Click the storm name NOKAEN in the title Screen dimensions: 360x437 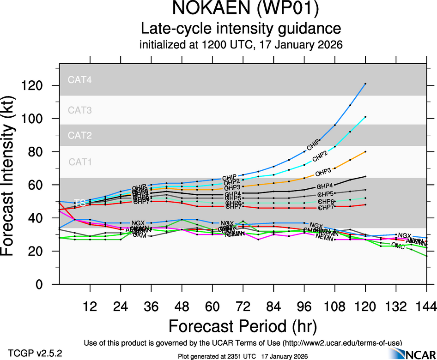pos(205,9)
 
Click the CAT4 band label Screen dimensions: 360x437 pos(80,79)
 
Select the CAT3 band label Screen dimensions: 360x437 pos(80,110)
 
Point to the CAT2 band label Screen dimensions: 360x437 pos(80,136)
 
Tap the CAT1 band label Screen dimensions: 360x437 pos(80,162)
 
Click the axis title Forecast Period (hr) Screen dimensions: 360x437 pos(243,326)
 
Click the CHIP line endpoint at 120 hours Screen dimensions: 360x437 pos(365,84)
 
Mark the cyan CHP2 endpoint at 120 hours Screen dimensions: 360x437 pos(365,117)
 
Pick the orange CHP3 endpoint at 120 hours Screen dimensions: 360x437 pos(365,151)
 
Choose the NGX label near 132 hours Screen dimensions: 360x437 pos(404,236)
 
